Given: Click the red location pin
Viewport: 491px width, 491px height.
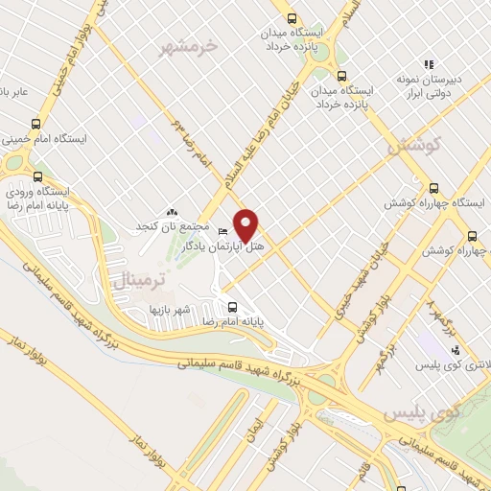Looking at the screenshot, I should click(x=247, y=224).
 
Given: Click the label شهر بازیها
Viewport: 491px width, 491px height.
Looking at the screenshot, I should click(x=170, y=310).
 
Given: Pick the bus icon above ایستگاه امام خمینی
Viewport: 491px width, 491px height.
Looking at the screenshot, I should click(x=36, y=124).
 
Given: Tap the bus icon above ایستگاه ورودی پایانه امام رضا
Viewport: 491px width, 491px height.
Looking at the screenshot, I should click(x=38, y=176).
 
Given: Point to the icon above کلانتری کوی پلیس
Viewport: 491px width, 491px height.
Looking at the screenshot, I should click(x=455, y=350).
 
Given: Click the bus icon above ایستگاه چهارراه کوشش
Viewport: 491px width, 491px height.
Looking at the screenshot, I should click(x=433, y=188).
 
